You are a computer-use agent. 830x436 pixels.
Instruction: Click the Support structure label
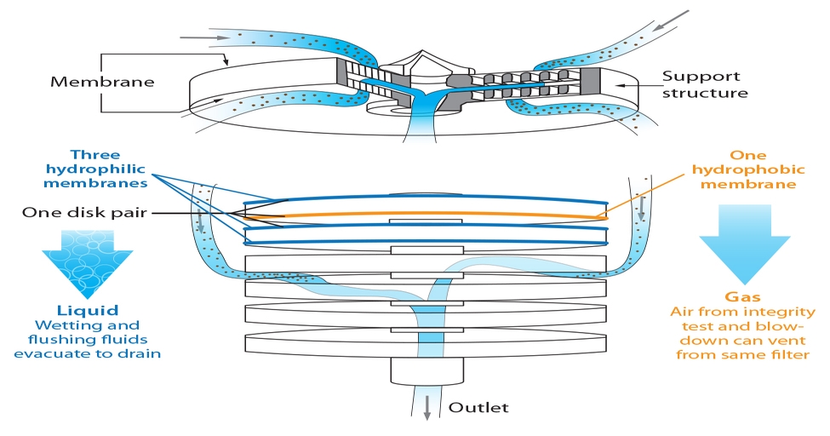pyautogui.click(x=706, y=84)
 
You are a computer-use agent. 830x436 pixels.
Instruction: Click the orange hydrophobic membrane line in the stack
pyautogui.click(x=426, y=216)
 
